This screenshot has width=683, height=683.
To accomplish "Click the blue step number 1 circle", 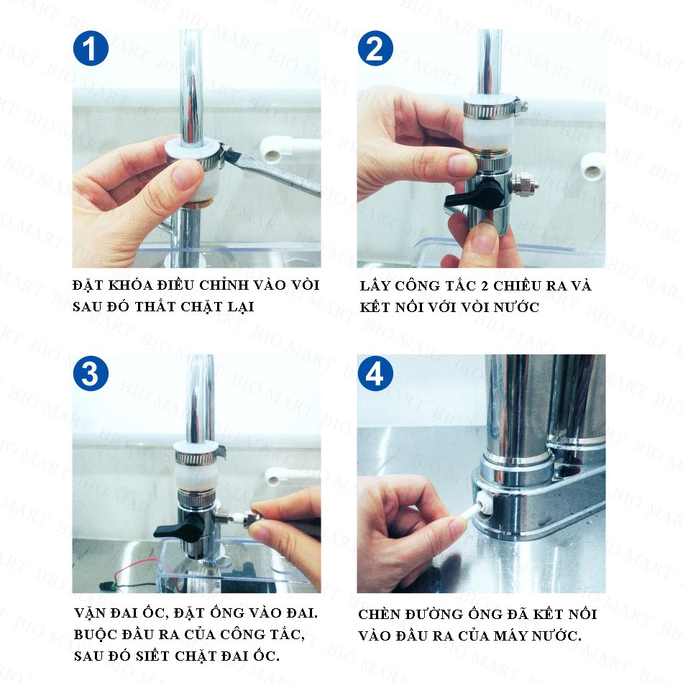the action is coord(91,48).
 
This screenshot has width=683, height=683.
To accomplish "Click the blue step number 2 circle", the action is coord(375,48).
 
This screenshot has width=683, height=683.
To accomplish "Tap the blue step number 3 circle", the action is coord(91,373).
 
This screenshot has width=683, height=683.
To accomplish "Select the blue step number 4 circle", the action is coord(375,373).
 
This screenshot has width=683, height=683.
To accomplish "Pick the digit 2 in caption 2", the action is coord(485,286).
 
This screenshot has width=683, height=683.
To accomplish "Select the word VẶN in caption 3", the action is coord(90,613).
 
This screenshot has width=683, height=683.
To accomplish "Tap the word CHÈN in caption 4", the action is coord(378,614).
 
